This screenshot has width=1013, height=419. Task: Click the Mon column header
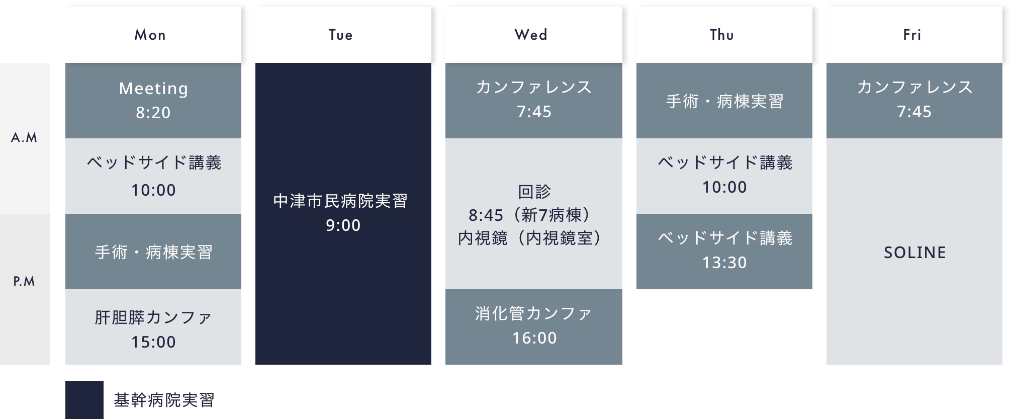[153, 35]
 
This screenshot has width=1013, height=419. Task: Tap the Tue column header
[343, 35]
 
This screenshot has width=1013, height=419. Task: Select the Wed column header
[533, 35]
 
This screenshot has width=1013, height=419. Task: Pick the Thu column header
[724, 35]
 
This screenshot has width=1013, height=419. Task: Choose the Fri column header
[914, 35]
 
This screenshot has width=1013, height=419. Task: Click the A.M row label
[25, 138]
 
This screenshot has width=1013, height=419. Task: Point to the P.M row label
[25, 281]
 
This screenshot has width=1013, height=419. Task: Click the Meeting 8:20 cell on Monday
[153, 101]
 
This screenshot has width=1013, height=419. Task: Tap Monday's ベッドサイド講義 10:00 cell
[153, 176]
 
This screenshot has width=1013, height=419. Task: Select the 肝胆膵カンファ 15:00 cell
[153, 327]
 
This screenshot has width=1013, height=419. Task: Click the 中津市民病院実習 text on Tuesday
[340, 201]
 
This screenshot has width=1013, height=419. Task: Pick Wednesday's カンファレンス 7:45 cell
[533, 101]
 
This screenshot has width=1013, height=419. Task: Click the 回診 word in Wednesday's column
[534, 192]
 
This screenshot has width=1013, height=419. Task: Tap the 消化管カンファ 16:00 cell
[533, 327]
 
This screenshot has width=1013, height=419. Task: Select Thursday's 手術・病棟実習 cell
[724, 101]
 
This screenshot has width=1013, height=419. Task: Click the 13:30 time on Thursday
[724, 263]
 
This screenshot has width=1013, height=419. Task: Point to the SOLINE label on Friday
[915, 253]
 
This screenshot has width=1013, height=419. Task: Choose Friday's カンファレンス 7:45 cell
[914, 101]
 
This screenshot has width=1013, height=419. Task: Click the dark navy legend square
[84, 400]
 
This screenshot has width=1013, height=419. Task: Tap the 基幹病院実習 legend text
[164, 400]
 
